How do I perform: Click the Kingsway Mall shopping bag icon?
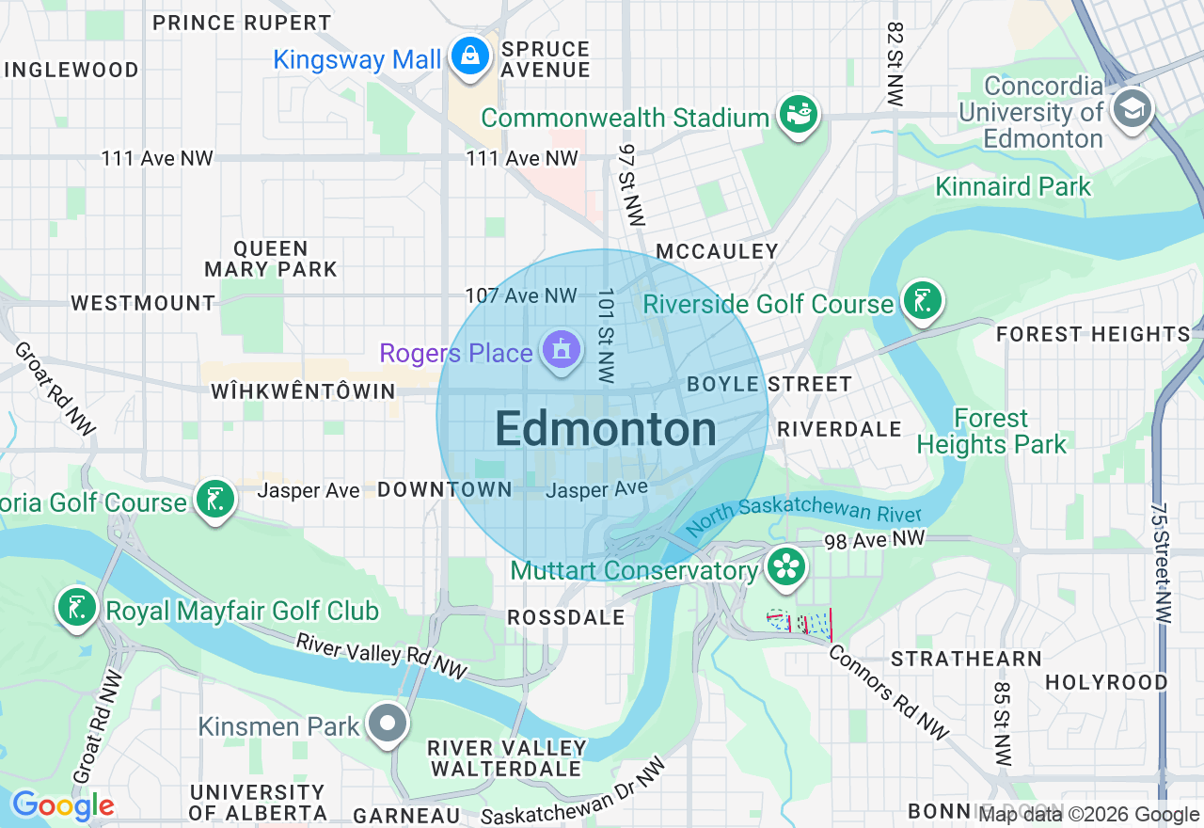[x=467, y=56]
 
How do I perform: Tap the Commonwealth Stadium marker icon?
[x=799, y=115]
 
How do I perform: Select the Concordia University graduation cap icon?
[x=1132, y=109]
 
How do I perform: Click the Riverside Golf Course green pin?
[x=922, y=301]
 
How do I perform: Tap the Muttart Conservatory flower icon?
[x=786, y=566]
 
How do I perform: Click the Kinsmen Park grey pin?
[x=388, y=724]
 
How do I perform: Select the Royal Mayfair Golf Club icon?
[x=76, y=608]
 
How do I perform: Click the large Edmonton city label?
[x=606, y=430]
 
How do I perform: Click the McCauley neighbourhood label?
[x=717, y=251]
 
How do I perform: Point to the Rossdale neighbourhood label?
[x=565, y=617]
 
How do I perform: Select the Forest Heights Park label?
[x=991, y=431]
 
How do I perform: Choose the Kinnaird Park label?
[x=1013, y=186]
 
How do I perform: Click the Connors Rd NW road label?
[x=889, y=692]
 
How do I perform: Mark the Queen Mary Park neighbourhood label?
[x=271, y=259]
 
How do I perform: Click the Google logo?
[x=62, y=805]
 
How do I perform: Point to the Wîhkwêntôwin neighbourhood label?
[x=303, y=390]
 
